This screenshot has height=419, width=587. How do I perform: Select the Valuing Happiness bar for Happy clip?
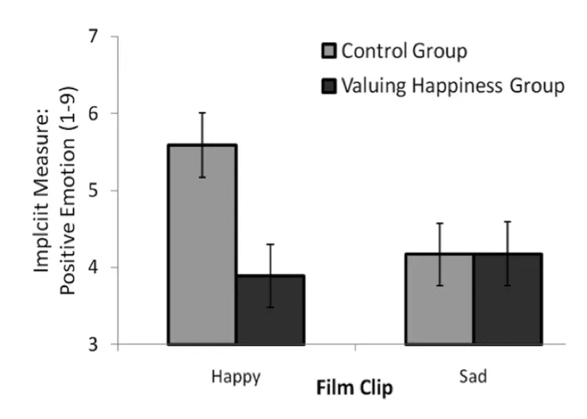[270, 309]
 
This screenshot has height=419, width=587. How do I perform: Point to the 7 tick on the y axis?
[96, 37]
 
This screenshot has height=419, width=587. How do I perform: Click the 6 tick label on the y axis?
[96, 113]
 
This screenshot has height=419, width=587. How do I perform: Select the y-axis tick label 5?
[96, 190]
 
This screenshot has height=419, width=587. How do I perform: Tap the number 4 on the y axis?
[96, 267]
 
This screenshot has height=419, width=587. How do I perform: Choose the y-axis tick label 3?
[96, 344]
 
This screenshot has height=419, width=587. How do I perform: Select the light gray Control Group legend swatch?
[329, 53]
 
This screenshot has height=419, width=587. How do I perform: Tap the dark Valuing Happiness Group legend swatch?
[329, 86]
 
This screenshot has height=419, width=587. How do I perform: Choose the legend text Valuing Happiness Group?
[452, 86]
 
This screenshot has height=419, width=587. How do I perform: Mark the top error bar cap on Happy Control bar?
[201, 113]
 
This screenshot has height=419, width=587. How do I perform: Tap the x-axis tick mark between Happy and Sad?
[355, 348]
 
